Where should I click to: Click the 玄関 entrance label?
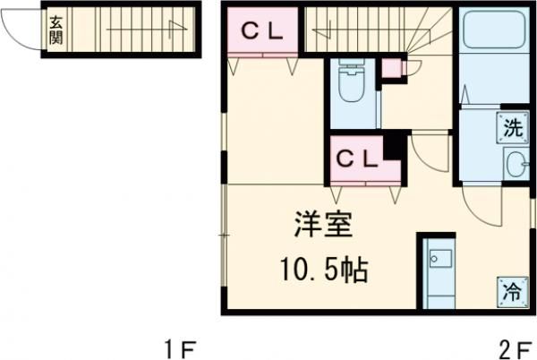click(x=55, y=32)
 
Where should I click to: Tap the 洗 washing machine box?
click(x=512, y=128)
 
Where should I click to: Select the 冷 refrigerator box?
click(x=512, y=290)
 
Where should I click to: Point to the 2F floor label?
click(x=515, y=347)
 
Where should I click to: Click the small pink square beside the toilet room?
click(x=392, y=67)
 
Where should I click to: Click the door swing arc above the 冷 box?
click(x=486, y=210)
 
